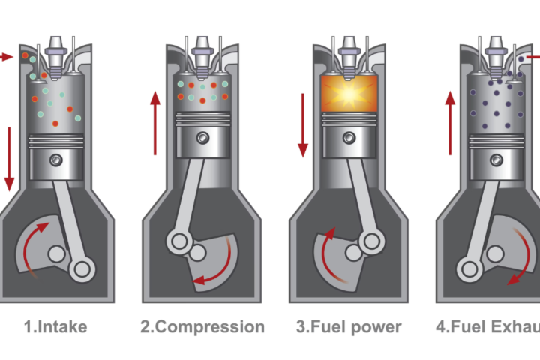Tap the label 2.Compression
pos(202,326)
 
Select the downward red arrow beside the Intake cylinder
pos(10,158)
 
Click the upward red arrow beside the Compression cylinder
pos(156,124)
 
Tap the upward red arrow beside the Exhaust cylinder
pos(450,123)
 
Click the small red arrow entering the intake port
pos(7,56)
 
